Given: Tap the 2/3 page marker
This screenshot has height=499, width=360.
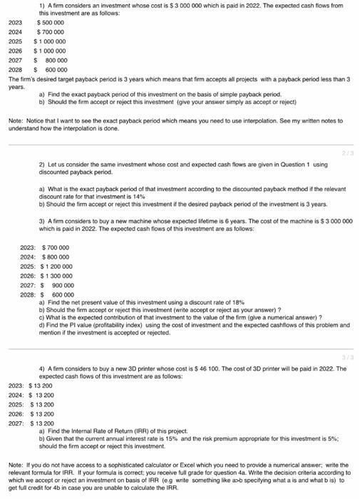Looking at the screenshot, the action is point(347,153).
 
